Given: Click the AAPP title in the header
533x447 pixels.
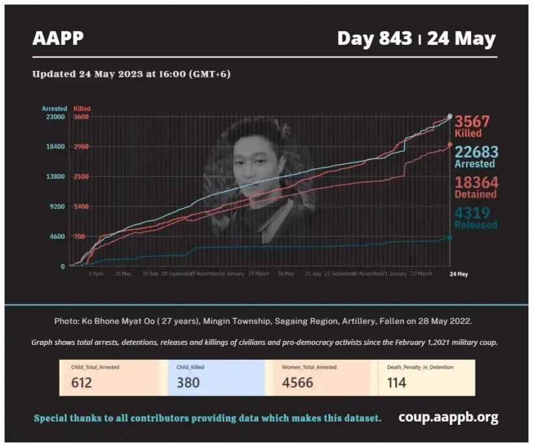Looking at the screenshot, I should tap(58, 38).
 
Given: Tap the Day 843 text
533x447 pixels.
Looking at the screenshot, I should tap(374, 38).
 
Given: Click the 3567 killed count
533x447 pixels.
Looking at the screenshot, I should tap(471, 122).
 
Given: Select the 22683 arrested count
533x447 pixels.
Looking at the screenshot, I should tap(476, 152).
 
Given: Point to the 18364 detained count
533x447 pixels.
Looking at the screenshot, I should tap(476, 183).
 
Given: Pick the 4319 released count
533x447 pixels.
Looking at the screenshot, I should tap(472, 213).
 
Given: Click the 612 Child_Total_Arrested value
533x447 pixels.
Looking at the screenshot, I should tap(82, 382).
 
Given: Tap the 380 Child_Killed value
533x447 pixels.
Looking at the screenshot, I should tap(188, 382).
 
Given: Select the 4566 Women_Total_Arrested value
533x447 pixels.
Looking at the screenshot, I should tap(298, 382).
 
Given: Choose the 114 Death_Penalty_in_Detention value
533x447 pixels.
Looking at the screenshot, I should tap(396, 382).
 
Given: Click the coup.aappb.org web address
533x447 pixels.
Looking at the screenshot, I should tap(448, 417).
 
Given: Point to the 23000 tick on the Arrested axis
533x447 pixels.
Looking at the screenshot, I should tap(54, 116).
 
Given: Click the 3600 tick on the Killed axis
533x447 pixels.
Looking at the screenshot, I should tap(81, 116).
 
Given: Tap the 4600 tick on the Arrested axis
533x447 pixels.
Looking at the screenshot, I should tap(56, 237).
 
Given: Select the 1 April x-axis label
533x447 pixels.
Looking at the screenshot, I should tap(96, 274).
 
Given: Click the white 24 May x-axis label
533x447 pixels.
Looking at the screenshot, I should tap(459, 274).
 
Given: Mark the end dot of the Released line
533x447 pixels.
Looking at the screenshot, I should tap(450, 237).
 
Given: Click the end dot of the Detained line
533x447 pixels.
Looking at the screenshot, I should tap(450, 144).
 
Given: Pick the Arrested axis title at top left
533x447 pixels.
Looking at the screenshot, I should tap(54, 108).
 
